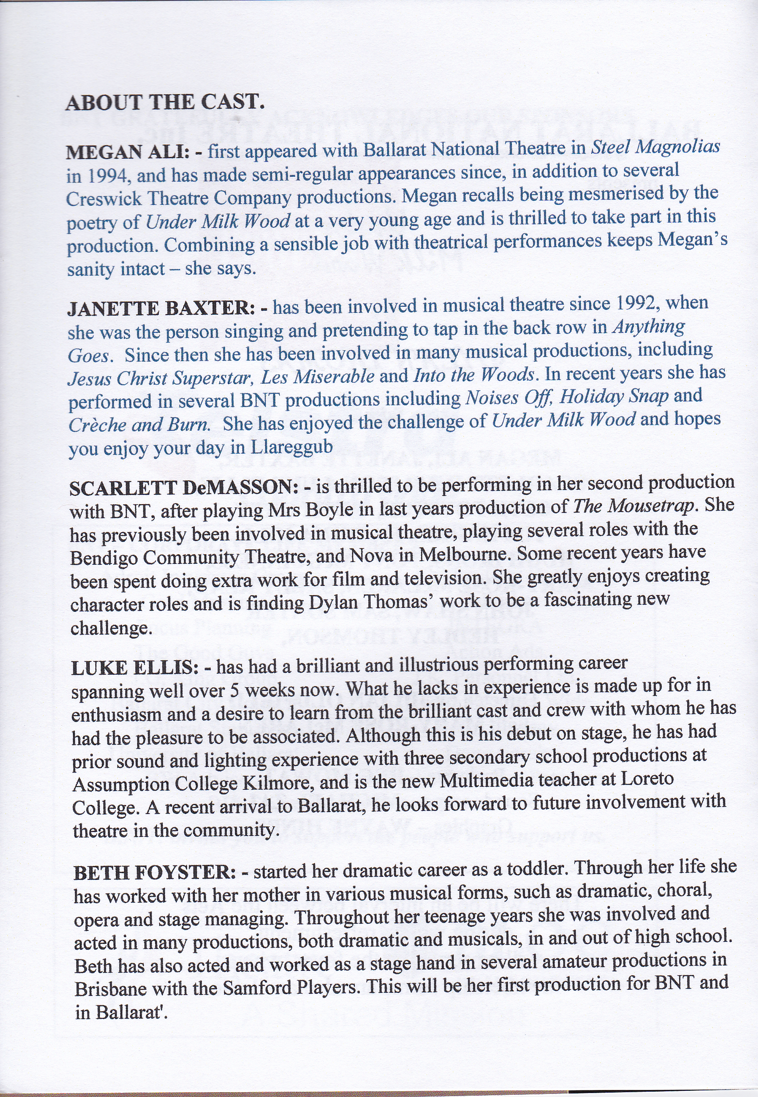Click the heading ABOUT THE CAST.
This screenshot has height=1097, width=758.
pyautogui.click(x=164, y=102)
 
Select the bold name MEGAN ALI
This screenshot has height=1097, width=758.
pyautogui.click(x=127, y=153)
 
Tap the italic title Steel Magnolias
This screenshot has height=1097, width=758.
pyautogui.click(x=655, y=147)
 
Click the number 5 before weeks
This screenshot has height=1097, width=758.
pyautogui.click(x=233, y=690)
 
